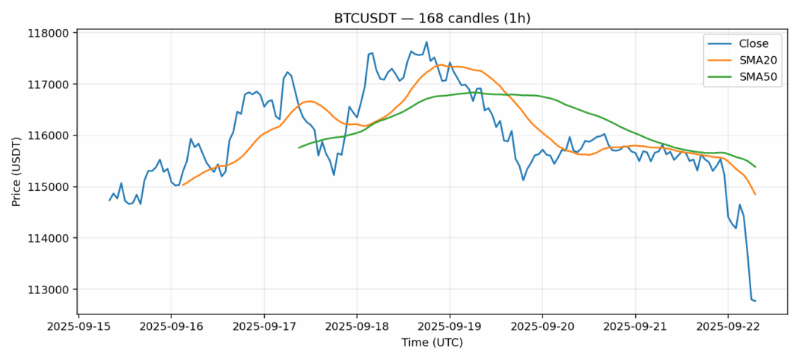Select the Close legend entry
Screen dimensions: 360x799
tap(749, 43)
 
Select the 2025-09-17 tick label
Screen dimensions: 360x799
tap(264, 327)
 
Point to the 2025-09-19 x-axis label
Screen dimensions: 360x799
tap(450, 327)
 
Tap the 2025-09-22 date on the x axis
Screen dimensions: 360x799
tap(728, 327)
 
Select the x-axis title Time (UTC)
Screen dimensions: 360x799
tap(432, 343)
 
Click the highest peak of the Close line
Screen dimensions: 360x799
tap(426, 42)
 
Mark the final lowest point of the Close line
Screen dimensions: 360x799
tap(755, 301)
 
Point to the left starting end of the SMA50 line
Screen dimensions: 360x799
tap(299, 147)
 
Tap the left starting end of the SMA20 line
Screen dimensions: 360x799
tap(183, 184)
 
